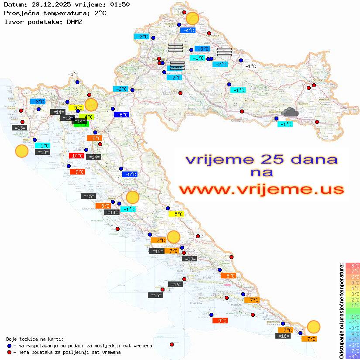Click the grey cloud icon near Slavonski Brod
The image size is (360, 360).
[290, 113]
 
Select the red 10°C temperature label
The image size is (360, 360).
[77, 156]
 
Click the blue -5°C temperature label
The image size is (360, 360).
[130, 175]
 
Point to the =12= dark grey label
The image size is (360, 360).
[67, 118]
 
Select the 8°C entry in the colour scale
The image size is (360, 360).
[353, 265]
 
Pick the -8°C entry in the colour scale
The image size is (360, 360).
[353, 356]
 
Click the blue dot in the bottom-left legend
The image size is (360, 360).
[10, 346]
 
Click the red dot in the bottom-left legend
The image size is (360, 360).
[10, 352]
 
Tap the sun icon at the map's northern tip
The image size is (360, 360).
[192, 19]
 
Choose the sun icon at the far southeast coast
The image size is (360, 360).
[313, 326]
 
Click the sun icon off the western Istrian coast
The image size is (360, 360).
[21, 151]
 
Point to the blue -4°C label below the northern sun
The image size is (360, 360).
[188, 31]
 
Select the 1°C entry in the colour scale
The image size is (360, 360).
[353, 305]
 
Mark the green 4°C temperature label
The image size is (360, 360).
[88, 117]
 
